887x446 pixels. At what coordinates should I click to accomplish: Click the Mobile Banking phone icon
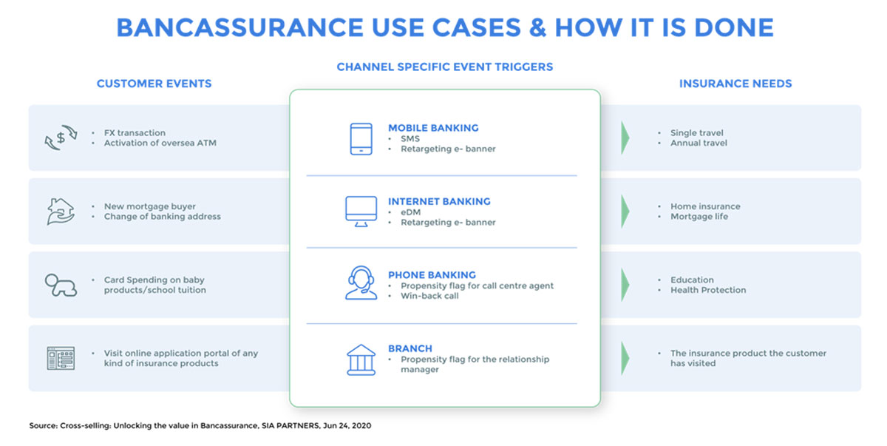click(x=361, y=138)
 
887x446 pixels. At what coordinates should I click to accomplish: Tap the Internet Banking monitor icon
click(x=361, y=211)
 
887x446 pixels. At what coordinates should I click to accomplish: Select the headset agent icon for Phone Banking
click(x=361, y=283)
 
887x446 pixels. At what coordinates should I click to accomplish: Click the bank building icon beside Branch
click(x=361, y=359)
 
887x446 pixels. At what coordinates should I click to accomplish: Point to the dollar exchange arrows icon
click(x=61, y=138)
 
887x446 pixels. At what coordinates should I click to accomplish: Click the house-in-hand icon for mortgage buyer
click(x=61, y=211)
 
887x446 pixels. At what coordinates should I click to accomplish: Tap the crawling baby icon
click(x=61, y=285)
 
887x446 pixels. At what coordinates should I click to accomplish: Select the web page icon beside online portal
click(x=61, y=358)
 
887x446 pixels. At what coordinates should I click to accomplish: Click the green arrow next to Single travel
click(x=625, y=138)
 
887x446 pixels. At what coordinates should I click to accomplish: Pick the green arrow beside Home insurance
click(x=625, y=211)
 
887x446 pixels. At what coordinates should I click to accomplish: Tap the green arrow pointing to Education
click(x=625, y=285)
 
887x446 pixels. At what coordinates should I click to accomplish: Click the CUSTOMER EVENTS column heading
click(x=154, y=84)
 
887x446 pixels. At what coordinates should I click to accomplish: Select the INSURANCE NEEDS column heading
click(x=735, y=84)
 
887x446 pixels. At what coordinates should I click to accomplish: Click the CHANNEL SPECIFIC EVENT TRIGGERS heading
click(x=445, y=67)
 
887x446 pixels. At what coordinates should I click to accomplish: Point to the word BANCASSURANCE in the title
click(x=239, y=27)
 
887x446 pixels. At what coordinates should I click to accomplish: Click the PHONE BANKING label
click(x=432, y=275)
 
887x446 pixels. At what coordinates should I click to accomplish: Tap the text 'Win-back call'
click(x=429, y=296)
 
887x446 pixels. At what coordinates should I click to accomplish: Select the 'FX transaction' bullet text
click(x=135, y=132)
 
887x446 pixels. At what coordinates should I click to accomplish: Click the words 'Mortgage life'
click(x=699, y=217)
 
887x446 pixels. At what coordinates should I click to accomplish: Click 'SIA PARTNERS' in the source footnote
click(x=290, y=426)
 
